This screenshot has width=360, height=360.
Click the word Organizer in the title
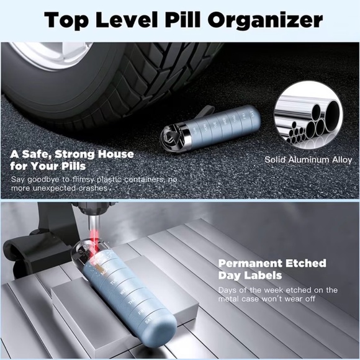pyautogui.click(x=265, y=20)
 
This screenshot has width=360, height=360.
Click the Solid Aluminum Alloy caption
pyautogui.click(x=308, y=160)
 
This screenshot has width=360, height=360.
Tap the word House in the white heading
pyautogui.click(x=115, y=154)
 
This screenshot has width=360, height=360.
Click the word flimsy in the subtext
pyautogui.click(x=83, y=179)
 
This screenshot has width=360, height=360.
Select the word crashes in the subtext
pyautogui.click(x=93, y=188)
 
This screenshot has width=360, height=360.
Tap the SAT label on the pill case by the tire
pyautogui.click(x=253, y=114)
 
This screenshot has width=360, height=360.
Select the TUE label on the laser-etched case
pyautogui.click(x=114, y=282)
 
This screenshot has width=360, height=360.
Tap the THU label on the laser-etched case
pyautogui.click(x=132, y=302)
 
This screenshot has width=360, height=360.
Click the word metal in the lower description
pyautogui.click(x=228, y=299)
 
